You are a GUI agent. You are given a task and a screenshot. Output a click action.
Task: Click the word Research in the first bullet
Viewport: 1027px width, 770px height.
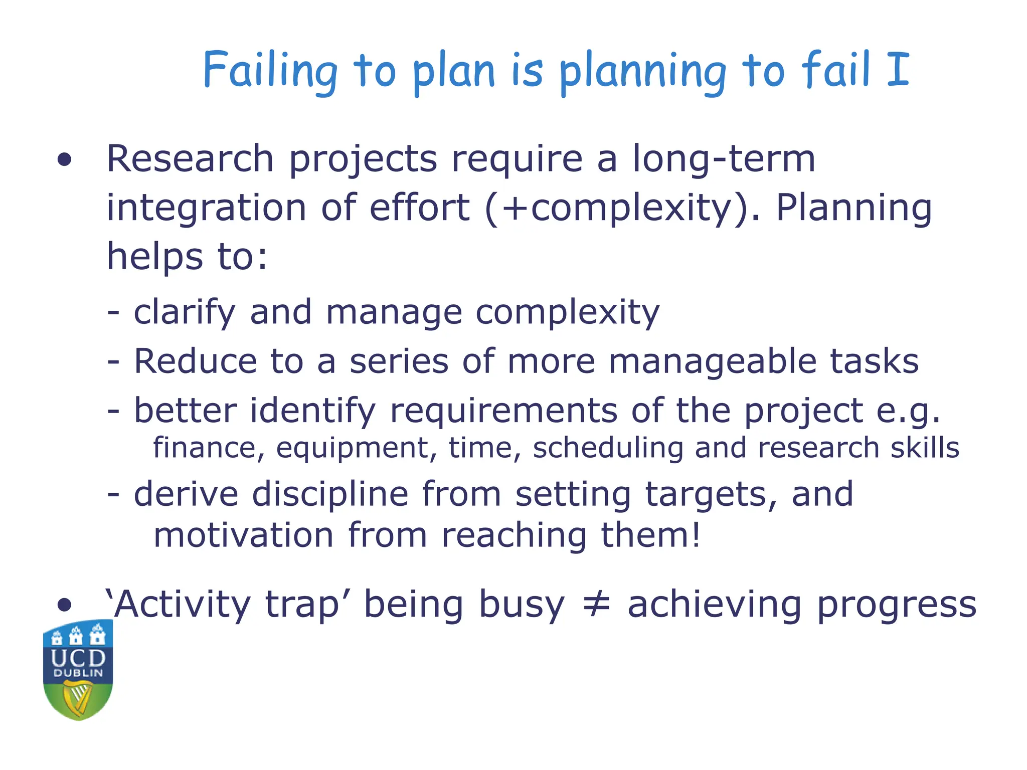click(190, 159)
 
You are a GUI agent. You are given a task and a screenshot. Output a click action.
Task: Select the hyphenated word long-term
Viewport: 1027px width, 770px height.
click(723, 159)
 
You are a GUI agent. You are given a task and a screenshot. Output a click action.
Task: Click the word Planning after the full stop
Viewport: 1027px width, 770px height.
click(853, 208)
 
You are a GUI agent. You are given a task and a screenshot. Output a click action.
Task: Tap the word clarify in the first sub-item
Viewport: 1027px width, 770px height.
click(184, 313)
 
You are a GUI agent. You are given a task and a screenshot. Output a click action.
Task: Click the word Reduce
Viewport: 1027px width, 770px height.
click(196, 362)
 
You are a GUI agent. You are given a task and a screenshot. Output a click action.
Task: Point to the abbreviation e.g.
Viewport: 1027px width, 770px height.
click(908, 411)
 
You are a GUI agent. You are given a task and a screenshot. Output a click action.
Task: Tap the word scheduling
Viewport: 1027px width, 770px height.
click(608, 448)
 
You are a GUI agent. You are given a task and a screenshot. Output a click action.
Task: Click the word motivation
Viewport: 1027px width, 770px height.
click(243, 535)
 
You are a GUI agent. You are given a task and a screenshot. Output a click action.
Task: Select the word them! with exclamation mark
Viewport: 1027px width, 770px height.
click(650, 535)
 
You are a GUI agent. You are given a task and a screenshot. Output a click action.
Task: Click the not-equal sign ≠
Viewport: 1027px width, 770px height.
click(596, 604)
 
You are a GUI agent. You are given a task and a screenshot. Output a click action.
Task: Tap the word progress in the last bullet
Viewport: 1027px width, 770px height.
click(897, 606)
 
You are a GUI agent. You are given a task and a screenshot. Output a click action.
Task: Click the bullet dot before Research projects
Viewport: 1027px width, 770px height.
click(64, 160)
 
